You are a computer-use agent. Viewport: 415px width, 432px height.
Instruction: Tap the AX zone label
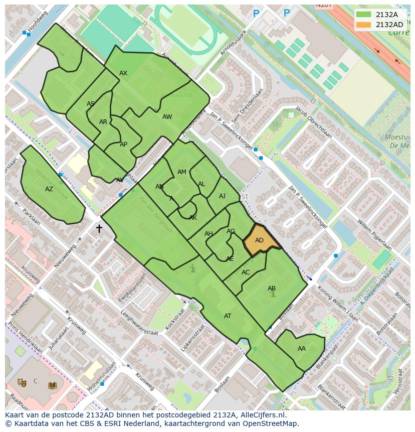pos(123,73)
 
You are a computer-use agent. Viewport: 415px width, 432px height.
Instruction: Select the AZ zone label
pos(49,189)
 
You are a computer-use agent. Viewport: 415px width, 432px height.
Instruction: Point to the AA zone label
pos(301,349)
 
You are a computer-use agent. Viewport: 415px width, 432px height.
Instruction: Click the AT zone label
pos(228,316)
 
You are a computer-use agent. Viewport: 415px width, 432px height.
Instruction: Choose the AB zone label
pos(272,289)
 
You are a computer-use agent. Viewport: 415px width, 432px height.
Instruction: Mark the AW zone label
pos(167,117)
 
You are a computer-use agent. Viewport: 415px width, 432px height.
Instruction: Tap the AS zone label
pos(91,104)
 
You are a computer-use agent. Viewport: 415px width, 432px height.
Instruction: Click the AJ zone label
pos(222,196)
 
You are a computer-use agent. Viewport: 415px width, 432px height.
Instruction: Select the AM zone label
pos(182,172)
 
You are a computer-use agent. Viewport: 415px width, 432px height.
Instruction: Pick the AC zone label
pos(246,272)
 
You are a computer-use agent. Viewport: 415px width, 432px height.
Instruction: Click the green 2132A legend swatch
pos(363,15)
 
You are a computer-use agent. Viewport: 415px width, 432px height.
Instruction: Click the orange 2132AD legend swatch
pos(363,25)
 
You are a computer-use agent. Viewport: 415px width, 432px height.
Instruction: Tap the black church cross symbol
pos(99,229)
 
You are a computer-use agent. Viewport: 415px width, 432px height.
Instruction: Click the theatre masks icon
pos(22,382)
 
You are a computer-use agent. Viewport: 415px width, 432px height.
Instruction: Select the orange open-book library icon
pos(52,385)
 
